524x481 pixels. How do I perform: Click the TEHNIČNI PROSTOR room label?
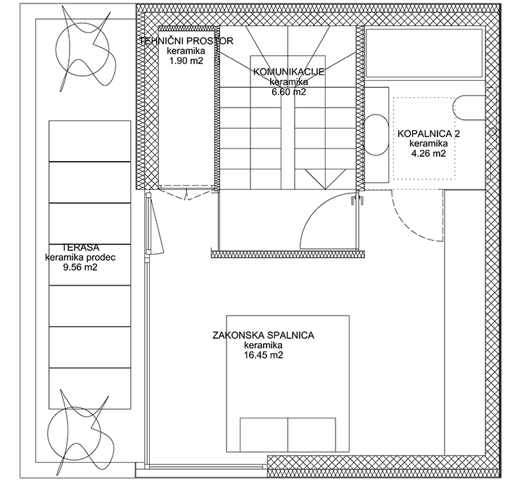[x=186, y=41]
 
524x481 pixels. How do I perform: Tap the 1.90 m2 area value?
[x=186, y=61]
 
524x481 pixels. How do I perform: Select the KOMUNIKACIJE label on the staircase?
[x=289, y=72]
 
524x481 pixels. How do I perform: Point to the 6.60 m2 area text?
[x=289, y=92]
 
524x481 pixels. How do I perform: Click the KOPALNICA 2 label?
[x=428, y=134]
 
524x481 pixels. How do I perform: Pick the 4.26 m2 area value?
[x=428, y=153]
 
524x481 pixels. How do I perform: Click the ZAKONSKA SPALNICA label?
[x=263, y=335]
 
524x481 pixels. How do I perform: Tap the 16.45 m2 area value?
[x=263, y=355]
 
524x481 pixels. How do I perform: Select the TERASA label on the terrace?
[x=81, y=248]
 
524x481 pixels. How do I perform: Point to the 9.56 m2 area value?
[x=80, y=267]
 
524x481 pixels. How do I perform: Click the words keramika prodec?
[x=80, y=257]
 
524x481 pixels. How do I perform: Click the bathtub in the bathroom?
[x=424, y=53]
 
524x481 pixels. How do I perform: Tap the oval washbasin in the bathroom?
[x=376, y=135]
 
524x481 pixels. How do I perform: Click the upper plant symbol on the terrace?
[x=83, y=50]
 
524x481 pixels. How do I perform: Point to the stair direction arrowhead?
[x=325, y=179]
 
